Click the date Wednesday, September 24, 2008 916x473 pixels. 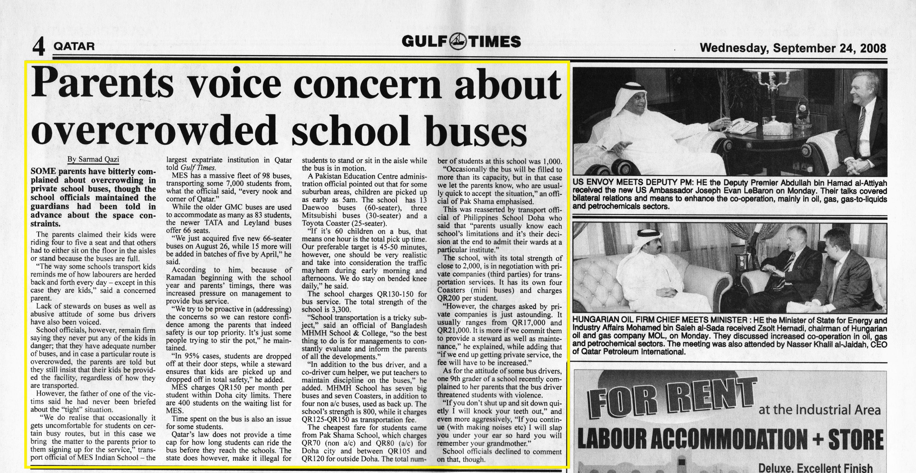click(793, 48)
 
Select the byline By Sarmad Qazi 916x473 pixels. click(93, 159)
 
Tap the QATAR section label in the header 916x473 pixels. click(74, 46)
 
